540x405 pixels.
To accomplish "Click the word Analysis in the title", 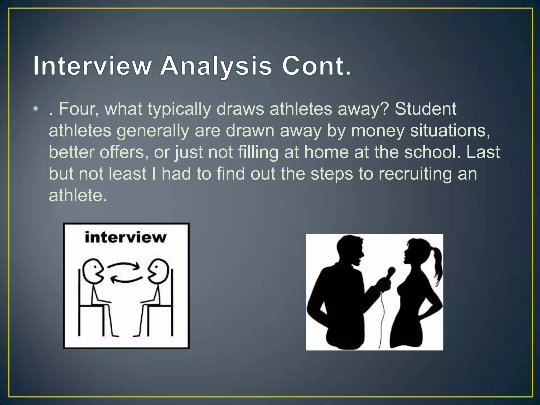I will tap(216, 66).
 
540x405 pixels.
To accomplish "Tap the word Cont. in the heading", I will tap(316, 66).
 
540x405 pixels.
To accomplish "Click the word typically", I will tap(179, 109).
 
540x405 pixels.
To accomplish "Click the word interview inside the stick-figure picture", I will tap(126, 237).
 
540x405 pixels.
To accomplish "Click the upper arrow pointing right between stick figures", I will tap(123, 266).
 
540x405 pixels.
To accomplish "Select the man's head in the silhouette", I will tap(349, 249).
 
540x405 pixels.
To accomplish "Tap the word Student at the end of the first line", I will tap(425, 109).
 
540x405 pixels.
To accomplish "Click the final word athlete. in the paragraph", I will tap(78, 196).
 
